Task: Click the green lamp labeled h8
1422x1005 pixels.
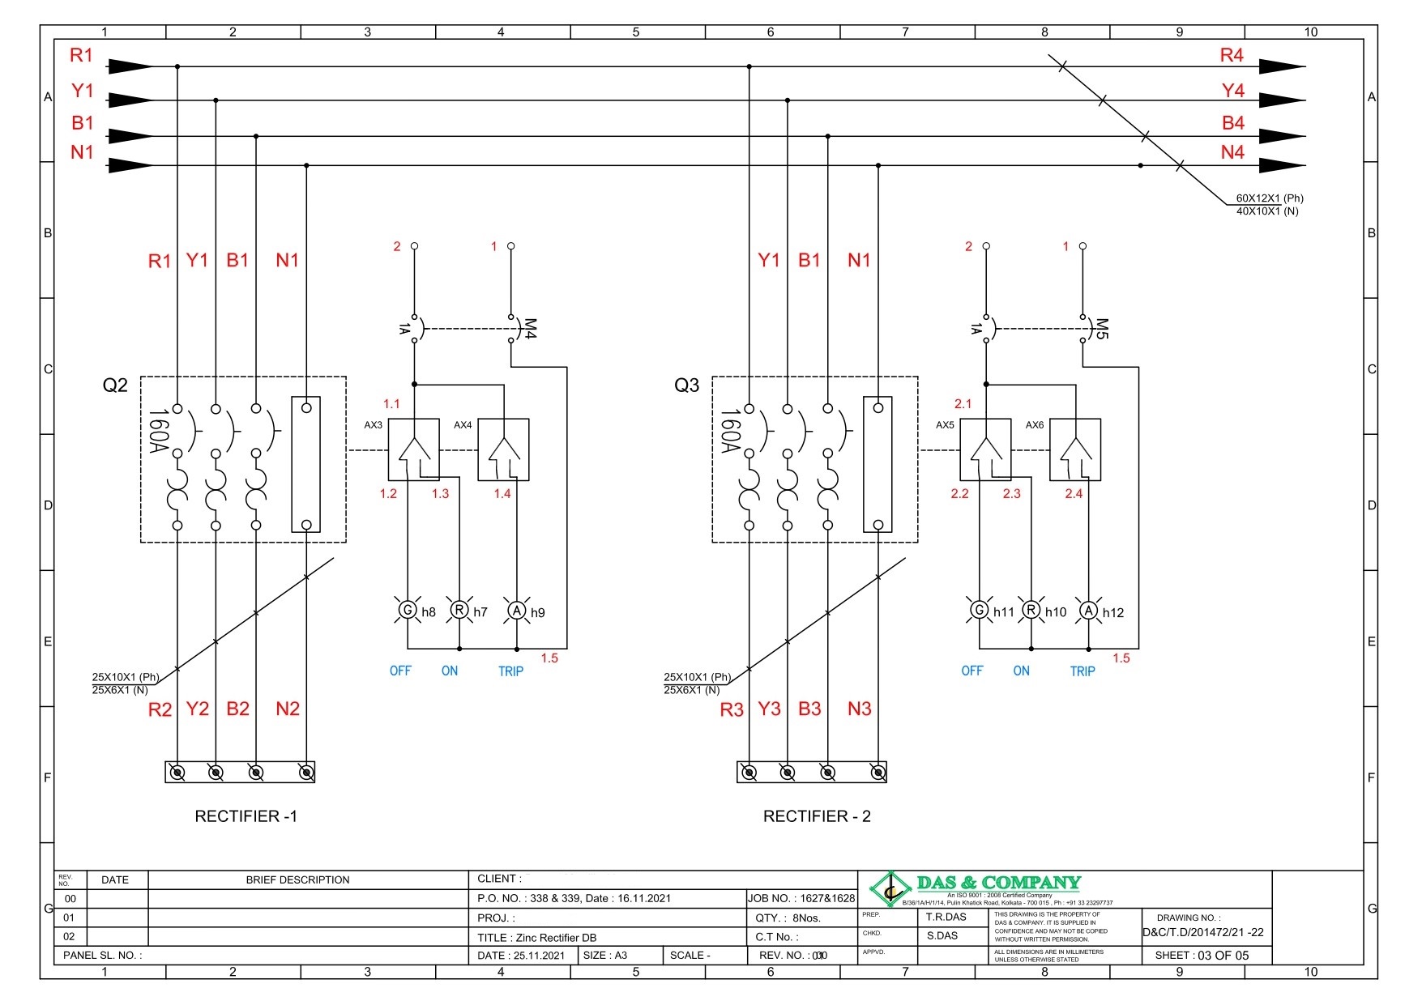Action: (408, 610)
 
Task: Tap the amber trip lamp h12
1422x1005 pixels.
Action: (1088, 611)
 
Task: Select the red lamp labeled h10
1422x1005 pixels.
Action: (1031, 610)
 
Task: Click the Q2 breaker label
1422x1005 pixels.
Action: (115, 385)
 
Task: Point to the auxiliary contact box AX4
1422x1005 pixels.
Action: (503, 449)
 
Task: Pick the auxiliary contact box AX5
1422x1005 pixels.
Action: (984, 449)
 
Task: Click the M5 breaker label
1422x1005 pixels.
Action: (1100, 329)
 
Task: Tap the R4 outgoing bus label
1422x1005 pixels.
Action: (1231, 56)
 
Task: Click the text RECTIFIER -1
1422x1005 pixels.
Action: (246, 816)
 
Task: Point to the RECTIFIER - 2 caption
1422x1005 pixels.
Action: (816, 816)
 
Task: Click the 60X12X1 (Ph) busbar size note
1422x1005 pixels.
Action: (1269, 198)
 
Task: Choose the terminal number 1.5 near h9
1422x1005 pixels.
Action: (549, 658)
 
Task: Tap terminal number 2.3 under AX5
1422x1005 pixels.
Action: (1011, 493)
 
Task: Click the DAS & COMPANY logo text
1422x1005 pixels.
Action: (998, 883)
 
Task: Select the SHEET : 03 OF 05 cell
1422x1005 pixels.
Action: (1202, 956)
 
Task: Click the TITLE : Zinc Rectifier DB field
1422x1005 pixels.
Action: (536, 937)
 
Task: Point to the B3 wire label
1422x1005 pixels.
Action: (809, 709)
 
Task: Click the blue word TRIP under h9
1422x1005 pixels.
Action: (510, 671)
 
